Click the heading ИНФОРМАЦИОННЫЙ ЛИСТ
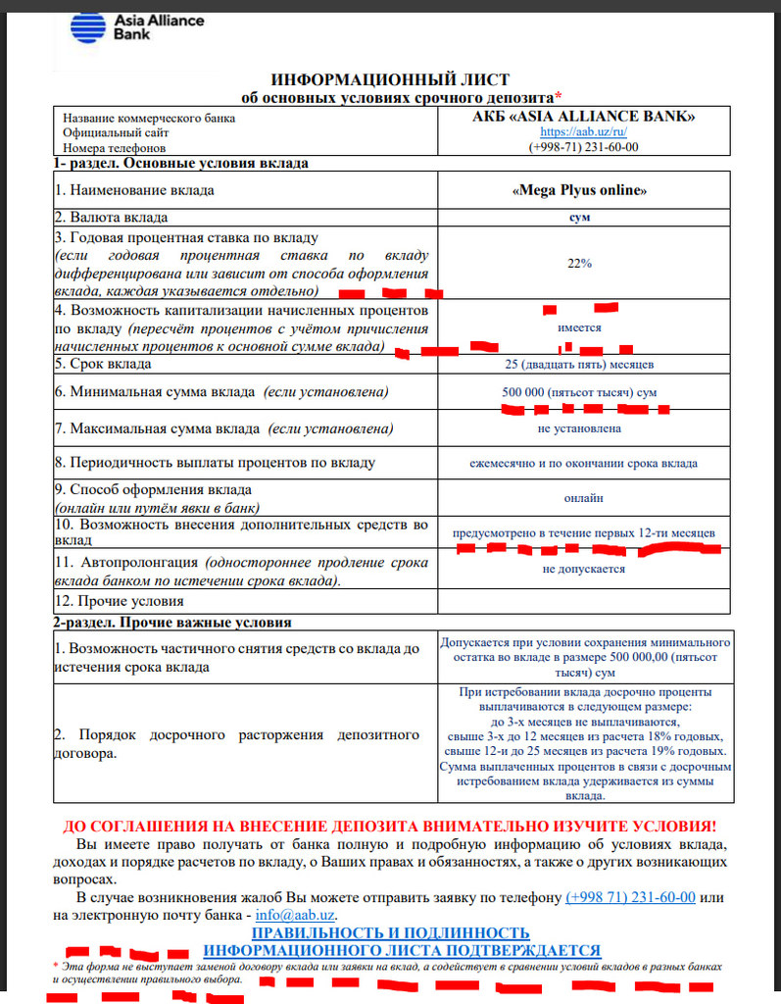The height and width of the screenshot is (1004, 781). (x=389, y=79)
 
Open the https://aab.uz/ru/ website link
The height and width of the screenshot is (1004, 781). (x=582, y=131)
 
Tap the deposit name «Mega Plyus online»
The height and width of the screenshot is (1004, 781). (x=582, y=190)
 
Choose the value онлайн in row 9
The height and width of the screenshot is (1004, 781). (x=582, y=497)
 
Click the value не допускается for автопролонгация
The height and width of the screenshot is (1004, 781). (x=582, y=569)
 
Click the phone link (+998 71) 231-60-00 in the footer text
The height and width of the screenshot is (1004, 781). (x=630, y=897)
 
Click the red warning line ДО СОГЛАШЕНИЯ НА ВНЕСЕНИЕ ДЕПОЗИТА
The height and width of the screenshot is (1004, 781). (x=389, y=827)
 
